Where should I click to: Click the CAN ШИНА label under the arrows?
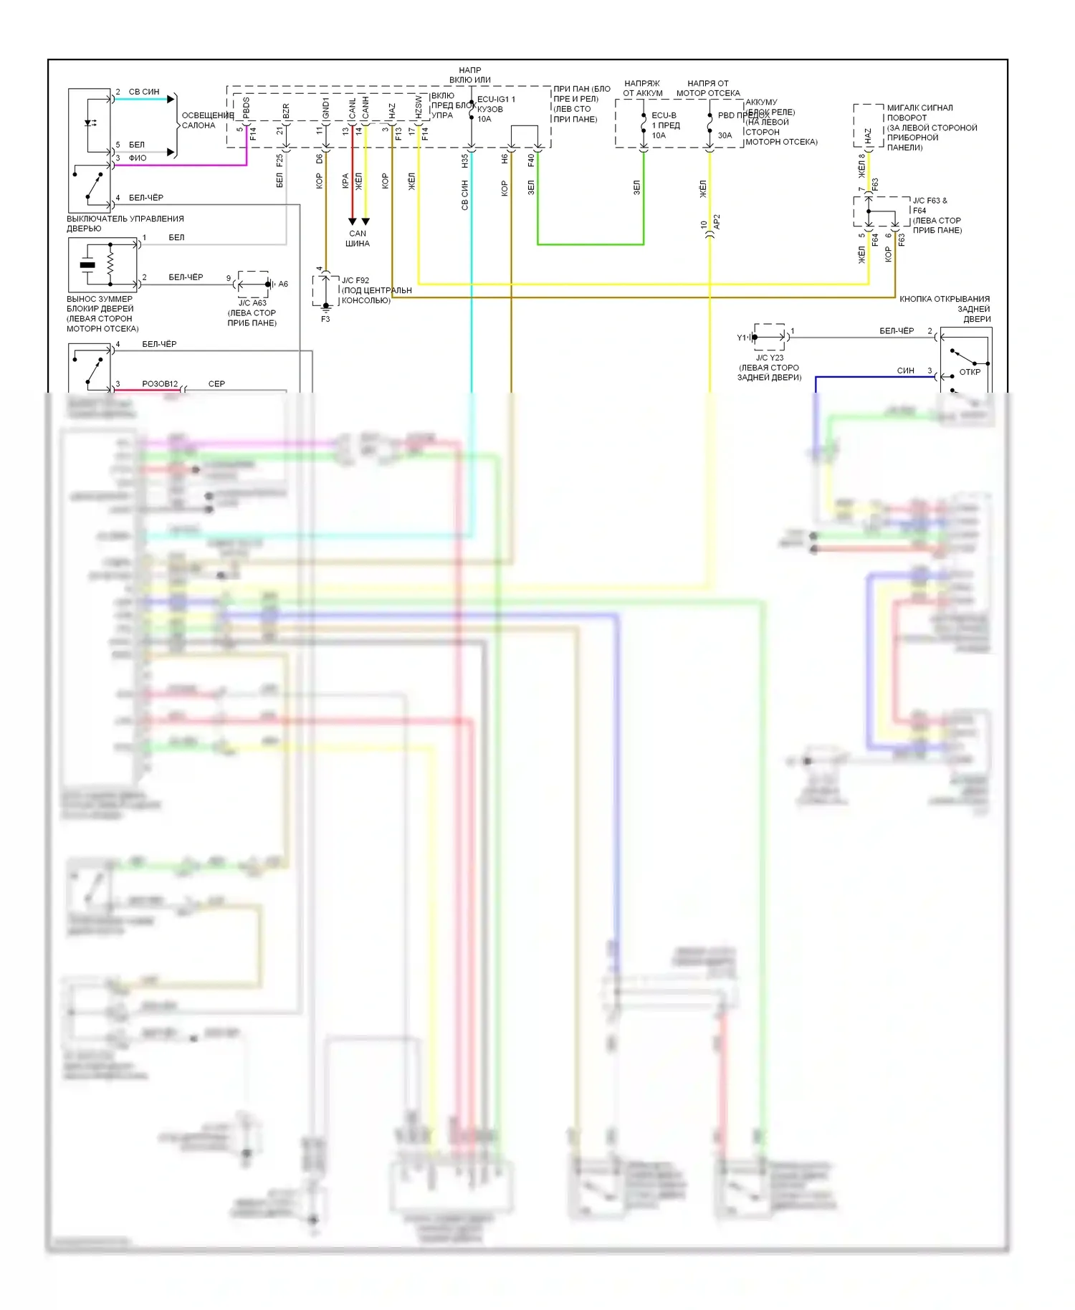358,239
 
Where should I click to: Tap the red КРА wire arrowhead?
352,221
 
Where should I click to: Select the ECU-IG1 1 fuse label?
496,100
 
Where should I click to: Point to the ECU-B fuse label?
664,115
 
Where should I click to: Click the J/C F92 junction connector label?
355,280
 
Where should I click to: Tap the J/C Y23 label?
770,358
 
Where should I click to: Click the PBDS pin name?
247,108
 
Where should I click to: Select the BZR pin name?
286,111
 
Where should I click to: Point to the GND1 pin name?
326,110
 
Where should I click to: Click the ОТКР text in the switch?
970,372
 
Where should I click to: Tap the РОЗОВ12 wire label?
160,384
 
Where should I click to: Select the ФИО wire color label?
138,158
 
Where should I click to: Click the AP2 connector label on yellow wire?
717,222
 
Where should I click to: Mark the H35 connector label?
464,161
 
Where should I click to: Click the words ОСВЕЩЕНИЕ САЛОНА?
207,120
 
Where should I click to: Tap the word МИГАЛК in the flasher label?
902,107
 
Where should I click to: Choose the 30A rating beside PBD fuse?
725,135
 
